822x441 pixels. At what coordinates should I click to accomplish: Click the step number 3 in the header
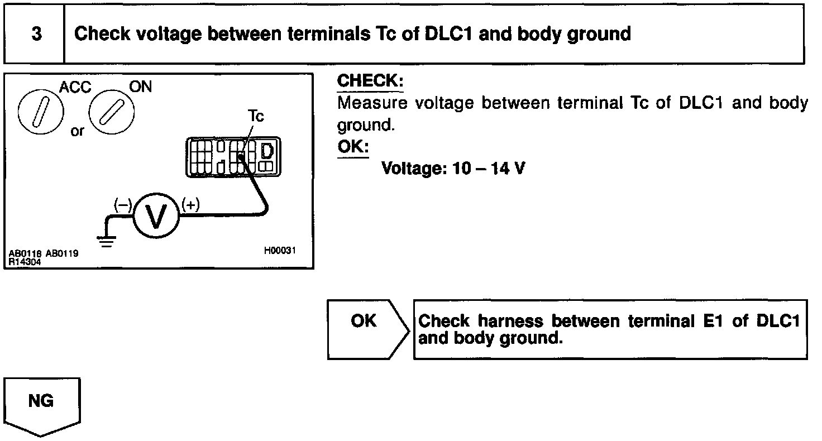(x=36, y=34)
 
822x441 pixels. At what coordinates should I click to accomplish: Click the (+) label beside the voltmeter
(x=191, y=205)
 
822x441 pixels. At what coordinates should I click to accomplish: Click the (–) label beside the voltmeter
(x=122, y=205)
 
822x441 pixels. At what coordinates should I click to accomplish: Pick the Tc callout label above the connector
(x=256, y=116)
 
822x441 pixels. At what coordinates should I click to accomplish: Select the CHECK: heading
(x=370, y=82)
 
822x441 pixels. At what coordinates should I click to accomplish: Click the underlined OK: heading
(x=353, y=147)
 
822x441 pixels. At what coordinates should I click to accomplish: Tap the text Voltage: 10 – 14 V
(x=453, y=168)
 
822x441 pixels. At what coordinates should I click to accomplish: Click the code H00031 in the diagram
(x=280, y=251)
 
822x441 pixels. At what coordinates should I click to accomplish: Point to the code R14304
(x=25, y=260)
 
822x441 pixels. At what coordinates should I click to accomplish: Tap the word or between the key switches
(x=78, y=131)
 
